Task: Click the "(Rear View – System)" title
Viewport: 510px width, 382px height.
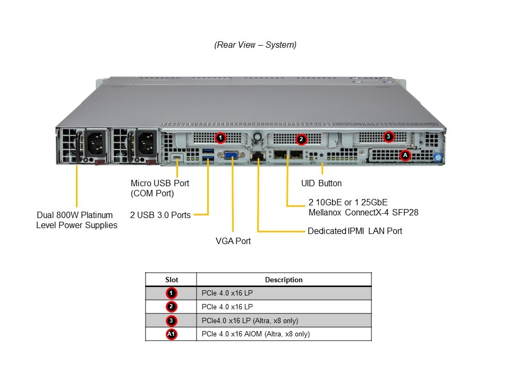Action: pyautogui.click(x=256, y=45)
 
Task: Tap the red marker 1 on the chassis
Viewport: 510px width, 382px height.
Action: pyautogui.click(x=220, y=138)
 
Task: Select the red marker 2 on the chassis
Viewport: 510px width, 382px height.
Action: pyautogui.click(x=301, y=139)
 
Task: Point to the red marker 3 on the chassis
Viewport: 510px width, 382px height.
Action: pyautogui.click(x=388, y=136)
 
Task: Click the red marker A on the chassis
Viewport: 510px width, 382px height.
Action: pyautogui.click(x=405, y=155)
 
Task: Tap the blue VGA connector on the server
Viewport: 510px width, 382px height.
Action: pyautogui.click(x=231, y=155)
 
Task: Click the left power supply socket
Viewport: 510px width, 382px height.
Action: pyautogui.click(x=96, y=143)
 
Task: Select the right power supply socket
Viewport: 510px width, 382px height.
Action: pyautogui.click(x=147, y=143)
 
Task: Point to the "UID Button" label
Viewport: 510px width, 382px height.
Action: pyautogui.click(x=321, y=183)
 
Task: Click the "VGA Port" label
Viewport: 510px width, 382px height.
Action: pyautogui.click(x=233, y=241)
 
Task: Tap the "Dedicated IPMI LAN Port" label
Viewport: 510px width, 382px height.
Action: pyautogui.click(x=355, y=231)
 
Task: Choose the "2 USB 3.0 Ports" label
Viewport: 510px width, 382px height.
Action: pyautogui.click(x=160, y=215)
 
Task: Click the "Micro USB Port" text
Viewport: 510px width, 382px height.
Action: pyautogui.click(x=160, y=183)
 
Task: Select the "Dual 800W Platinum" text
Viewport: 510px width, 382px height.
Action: pyautogui.click(x=75, y=215)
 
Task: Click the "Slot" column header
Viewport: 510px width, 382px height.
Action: pyautogui.click(x=172, y=280)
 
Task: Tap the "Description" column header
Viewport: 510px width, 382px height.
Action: pyautogui.click(x=284, y=280)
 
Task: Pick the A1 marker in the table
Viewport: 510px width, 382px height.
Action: pyautogui.click(x=172, y=334)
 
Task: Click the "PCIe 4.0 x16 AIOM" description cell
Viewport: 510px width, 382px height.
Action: pyautogui.click(x=256, y=334)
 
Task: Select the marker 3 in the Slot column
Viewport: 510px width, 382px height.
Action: pyautogui.click(x=172, y=320)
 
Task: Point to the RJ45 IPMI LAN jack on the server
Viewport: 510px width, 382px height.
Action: pyautogui.click(x=258, y=155)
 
